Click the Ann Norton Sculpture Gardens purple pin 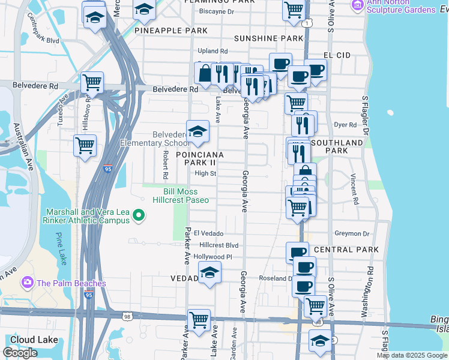358,5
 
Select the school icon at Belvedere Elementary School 197,131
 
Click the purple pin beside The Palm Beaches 27,283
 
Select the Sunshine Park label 268,38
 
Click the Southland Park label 338,146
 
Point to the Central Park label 346,250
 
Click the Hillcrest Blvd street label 219,245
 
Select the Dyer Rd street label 345,125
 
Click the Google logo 20,353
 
